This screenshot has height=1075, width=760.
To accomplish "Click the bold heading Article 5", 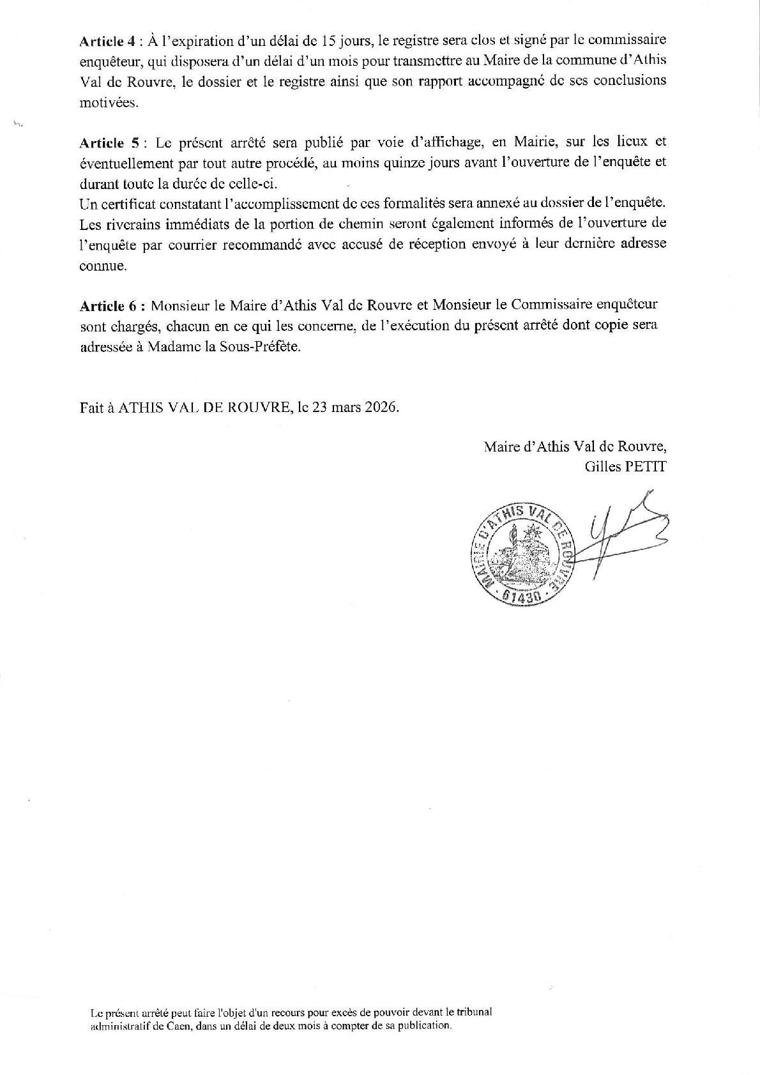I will pos(107,142).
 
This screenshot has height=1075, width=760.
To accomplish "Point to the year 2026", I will pos(382,408).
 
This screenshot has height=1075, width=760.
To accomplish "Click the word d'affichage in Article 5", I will pos(446,142).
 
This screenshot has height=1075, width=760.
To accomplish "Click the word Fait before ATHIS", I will pos(91,408).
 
